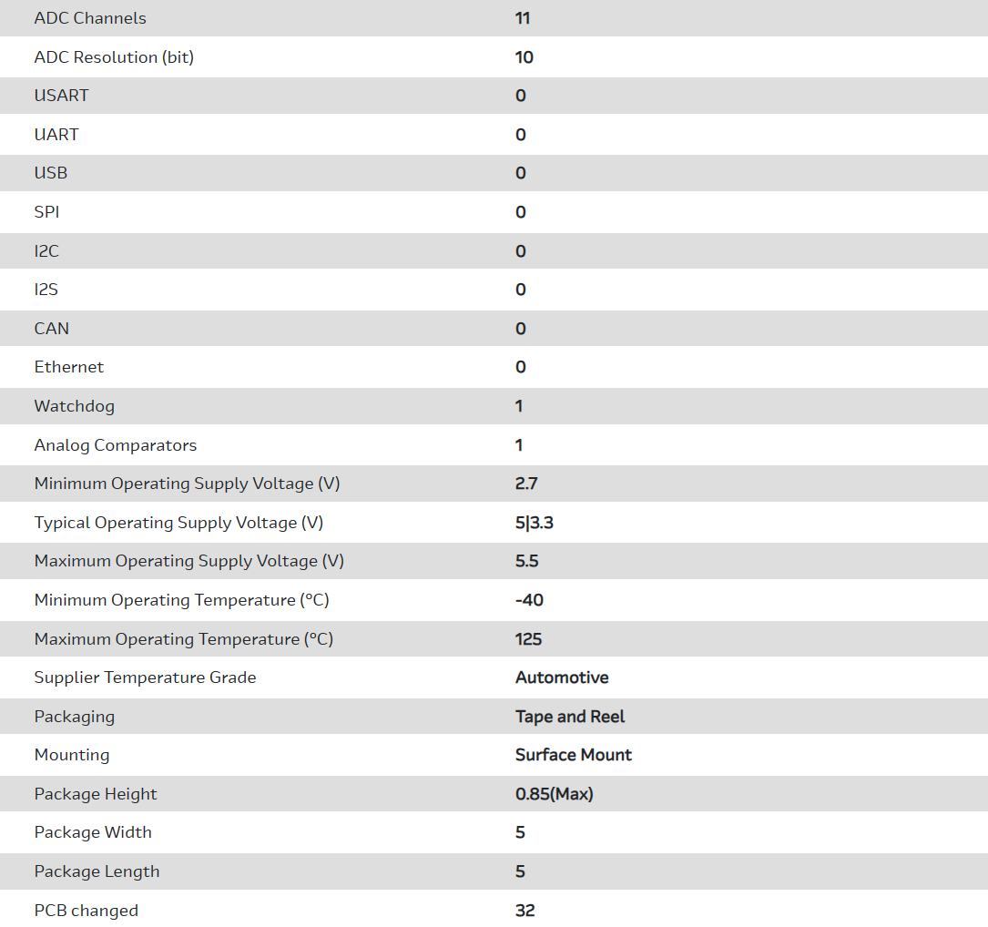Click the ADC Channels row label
click(x=90, y=18)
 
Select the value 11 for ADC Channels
click(x=523, y=18)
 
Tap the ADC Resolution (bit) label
click(x=114, y=57)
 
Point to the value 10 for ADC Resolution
click(x=525, y=57)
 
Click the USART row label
click(x=61, y=96)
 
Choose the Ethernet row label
click(x=69, y=367)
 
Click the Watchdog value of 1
click(x=519, y=406)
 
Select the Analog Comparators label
click(x=116, y=445)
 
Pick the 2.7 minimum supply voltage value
click(x=526, y=484)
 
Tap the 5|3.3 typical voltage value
click(x=535, y=523)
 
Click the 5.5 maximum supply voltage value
click(x=527, y=561)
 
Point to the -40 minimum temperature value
click(x=529, y=600)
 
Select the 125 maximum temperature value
click(x=528, y=639)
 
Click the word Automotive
click(x=562, y=677)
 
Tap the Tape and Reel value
click(x=570, y=717)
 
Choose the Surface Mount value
click(x=574, y=755)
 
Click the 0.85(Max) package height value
click(x=555, y=794)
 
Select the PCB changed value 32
click(x=525, y=911)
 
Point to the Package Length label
click(x=97, y=871)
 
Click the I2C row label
click(x=46, y=251)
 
